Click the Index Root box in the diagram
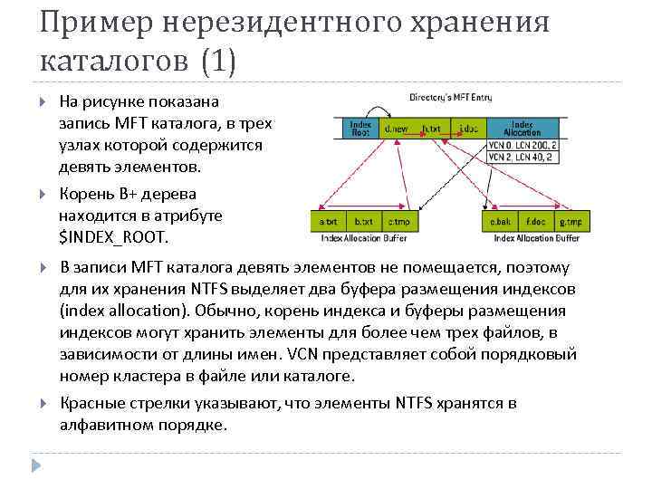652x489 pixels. pos(360,129)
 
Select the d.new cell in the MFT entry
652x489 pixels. pos(396,129)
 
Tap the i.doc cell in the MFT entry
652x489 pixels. pos(467,129)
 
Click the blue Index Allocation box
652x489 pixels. pos(521,129)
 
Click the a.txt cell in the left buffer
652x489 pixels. pos(329,221)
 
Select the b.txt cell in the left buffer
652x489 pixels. pos(363,221)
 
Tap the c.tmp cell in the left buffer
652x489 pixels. pos(398,221)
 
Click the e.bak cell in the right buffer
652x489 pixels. pos(501,221)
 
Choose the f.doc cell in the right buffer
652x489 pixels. pos(535,221)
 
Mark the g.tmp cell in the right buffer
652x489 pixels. pos(570,221)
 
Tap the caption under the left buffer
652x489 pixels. pos(363,238)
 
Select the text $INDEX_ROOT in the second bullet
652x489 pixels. pos(112,238)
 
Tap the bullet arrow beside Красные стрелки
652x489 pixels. pos(43,404)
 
